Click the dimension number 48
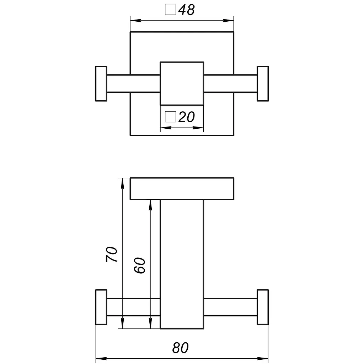click(x=187, y=10)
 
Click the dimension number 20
click(x=187, y=117)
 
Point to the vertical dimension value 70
click(x=112, y=255)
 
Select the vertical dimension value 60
click(x=139, y=265)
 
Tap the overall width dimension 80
click(x=180, y=348)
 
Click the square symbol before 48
click(x=171, y=10)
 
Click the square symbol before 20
click(x=171, y=117)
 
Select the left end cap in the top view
click(x=101, y=84)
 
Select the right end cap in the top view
click(x=263, y=84)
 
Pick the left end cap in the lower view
click(x=101, y=307)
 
